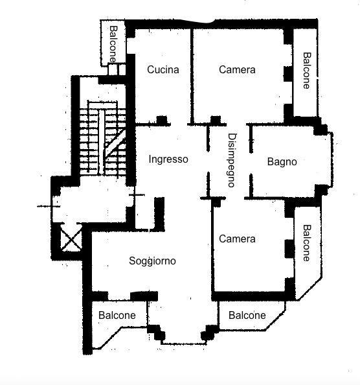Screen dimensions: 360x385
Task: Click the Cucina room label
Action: pos(163,70)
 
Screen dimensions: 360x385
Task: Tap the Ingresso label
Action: pos(168,159)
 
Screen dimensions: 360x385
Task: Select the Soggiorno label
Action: pos(152,261)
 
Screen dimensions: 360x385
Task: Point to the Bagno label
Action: pos(282,162)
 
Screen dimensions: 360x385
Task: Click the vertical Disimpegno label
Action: pos(232,160)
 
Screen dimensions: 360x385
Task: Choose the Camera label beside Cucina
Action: pos(237,70)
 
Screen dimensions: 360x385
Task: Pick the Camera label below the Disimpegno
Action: pos(237,239)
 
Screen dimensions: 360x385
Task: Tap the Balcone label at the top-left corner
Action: pos(113,44)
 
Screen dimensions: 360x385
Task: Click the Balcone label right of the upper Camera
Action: pos(307,71)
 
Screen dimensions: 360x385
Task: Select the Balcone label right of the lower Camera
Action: pos(307,243)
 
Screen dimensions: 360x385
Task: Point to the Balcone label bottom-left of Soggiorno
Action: pos(117,316)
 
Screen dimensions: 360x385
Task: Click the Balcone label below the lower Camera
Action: pos(247,316)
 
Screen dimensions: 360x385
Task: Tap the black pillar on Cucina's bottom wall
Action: pos(162,120)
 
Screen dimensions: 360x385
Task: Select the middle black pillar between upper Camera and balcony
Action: pos(288,74)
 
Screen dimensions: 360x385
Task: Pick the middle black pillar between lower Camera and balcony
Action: pos(289,249)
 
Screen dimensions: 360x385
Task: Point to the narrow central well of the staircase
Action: pos(101,142)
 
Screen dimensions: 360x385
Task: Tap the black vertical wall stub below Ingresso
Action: pos(159,214)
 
